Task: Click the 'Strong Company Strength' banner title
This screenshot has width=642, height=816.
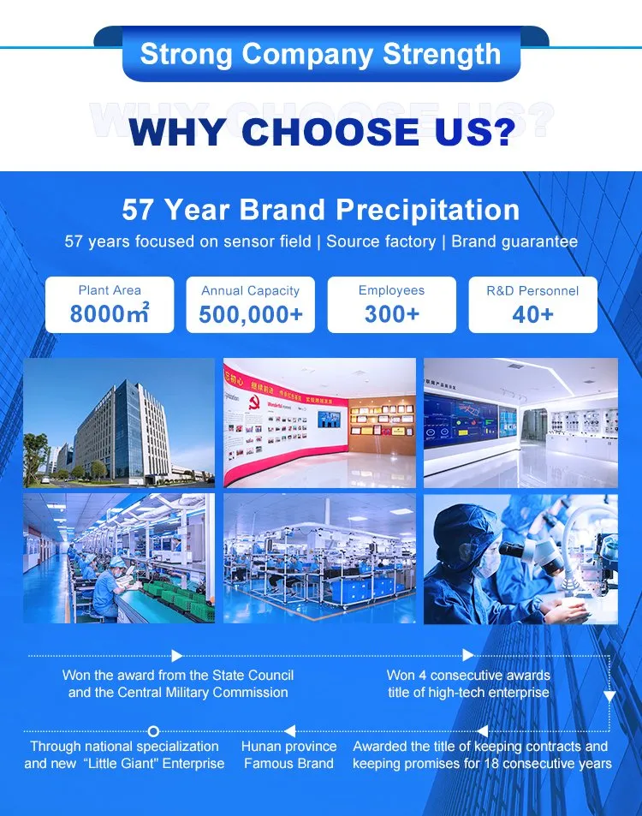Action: click(320, 54)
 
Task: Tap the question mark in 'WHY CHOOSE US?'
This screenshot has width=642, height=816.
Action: click(501, 131)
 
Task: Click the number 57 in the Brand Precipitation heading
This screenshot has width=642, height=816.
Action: click(139, 211)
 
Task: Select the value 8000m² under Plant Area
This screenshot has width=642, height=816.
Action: click(110, 313)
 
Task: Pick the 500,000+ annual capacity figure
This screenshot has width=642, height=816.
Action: click(251, 314)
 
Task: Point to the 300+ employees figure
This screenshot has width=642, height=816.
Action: click(392, 313)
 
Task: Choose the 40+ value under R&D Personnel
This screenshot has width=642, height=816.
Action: click(532, 314)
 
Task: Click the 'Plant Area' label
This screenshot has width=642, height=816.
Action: click(110, 290)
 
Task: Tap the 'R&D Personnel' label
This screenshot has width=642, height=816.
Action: click(532, 290)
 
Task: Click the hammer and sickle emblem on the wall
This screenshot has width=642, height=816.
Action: click(254, 402)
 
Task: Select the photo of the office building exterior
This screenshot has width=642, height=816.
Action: click(119, 423)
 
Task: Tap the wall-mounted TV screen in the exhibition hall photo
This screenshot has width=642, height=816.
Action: click(329, 420)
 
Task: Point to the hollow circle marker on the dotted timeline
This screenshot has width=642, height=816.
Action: click(153, 731)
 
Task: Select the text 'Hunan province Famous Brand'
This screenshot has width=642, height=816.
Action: click(288, 754)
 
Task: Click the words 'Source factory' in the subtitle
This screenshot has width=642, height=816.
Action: click(382, 241)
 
